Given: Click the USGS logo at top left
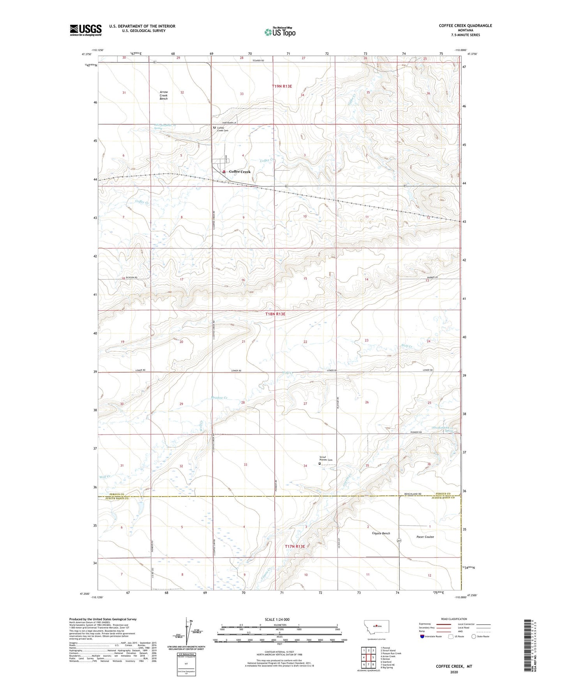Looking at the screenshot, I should coord(86,30).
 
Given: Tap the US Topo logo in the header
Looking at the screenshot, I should coord(280,32).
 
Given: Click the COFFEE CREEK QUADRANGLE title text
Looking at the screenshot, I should coord(465,26).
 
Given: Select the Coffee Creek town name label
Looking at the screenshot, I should coord(240,172).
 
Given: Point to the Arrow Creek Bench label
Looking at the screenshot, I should coord(164,95).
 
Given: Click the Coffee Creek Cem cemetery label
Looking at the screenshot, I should coord(222,129).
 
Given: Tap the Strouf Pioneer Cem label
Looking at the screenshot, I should coord(326,458).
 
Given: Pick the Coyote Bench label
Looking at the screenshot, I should coord(381,533).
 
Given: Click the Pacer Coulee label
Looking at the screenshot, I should coord(424,537).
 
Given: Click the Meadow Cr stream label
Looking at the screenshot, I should coord(219,398).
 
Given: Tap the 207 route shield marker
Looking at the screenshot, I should coord(399,541).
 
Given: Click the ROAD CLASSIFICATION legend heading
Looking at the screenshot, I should coord(454,619).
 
